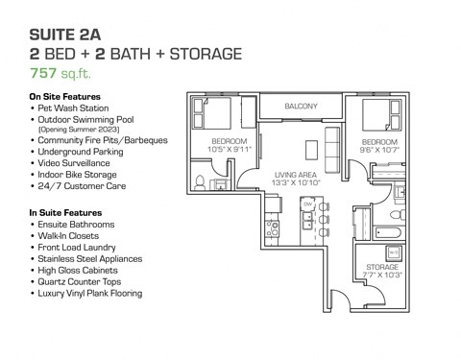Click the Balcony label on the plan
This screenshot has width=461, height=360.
(x=301, y=106)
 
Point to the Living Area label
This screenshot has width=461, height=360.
(x=293, y=174)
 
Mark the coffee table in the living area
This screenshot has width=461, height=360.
(x=310, y=150)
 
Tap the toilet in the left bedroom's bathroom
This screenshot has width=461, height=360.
(x=200, y=180)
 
